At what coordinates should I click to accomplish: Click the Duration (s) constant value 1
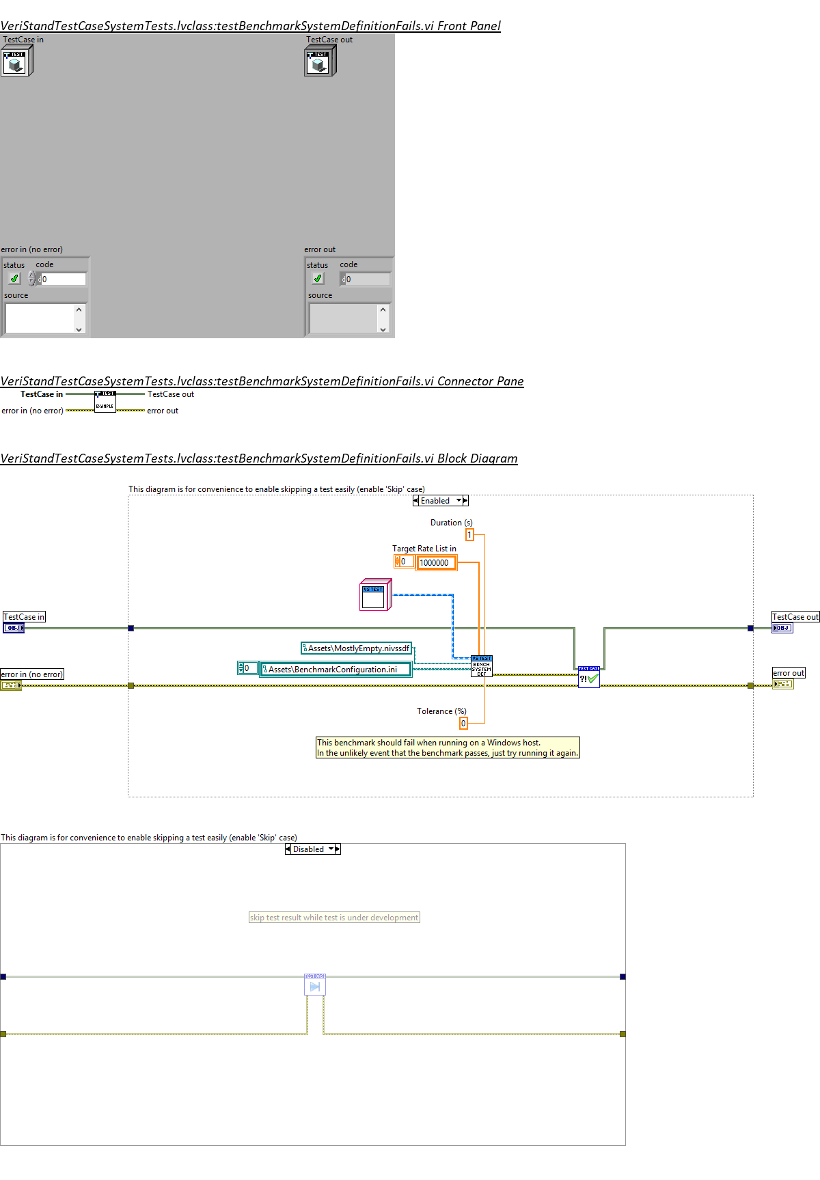point(469,534)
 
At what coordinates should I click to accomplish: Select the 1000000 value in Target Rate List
point(436,563)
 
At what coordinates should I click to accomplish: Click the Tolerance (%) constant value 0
point(463,723)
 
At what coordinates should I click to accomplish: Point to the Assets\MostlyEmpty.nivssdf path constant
point(357,648)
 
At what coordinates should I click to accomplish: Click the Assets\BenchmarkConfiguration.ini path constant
point(336,670)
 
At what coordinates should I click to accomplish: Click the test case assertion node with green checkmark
point(588,677)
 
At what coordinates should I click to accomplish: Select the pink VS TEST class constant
point(374,595)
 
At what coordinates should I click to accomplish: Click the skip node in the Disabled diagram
point(315,985)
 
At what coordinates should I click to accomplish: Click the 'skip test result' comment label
point(334,918)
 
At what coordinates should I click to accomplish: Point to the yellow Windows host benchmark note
point(448,747)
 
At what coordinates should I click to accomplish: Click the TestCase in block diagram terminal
point(14,628)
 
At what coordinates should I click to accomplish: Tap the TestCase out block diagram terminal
point(782,628)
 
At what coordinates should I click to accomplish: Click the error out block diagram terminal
point(783,684)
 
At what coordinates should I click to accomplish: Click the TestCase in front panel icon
point(16,61)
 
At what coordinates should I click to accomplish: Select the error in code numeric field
point(63,279)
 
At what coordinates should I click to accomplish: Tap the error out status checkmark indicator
point(318,279)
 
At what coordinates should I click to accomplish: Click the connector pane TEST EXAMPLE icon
point(105,402)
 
